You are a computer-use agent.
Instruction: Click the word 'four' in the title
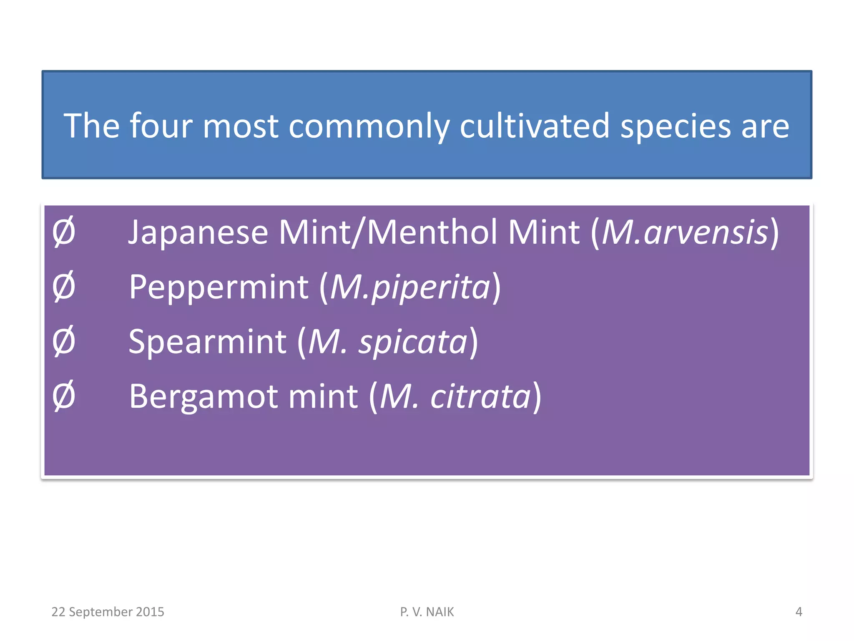pyautogui.click(x=161, y=126)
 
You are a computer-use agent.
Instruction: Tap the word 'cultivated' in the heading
pyautogui.click(x=535, y=126)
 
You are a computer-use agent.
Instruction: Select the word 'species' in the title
pyautogui.click(x=676, y=126)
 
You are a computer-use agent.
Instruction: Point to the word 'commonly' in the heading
pyautogui.click(x=369, y=126)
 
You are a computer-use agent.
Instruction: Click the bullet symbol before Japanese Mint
pyautogui.click(x=64, y=232)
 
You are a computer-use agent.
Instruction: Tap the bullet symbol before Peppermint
pyautogui.click(x=64, y=287)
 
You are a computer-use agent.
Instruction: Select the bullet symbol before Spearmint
pyautogui.click(x=64, y=341)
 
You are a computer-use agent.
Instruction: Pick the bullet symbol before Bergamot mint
pyautogui.click(x=64, y=396)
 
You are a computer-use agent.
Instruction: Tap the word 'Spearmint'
pyautogui.click(x=207, y=342)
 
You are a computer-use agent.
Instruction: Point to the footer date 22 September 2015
pyautogui.click(x=108, y=612)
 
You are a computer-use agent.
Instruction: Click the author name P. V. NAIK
pyautogui.click(x=427, y=612)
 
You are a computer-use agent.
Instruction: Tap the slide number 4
pyautogui.click(x=799, y=612)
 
